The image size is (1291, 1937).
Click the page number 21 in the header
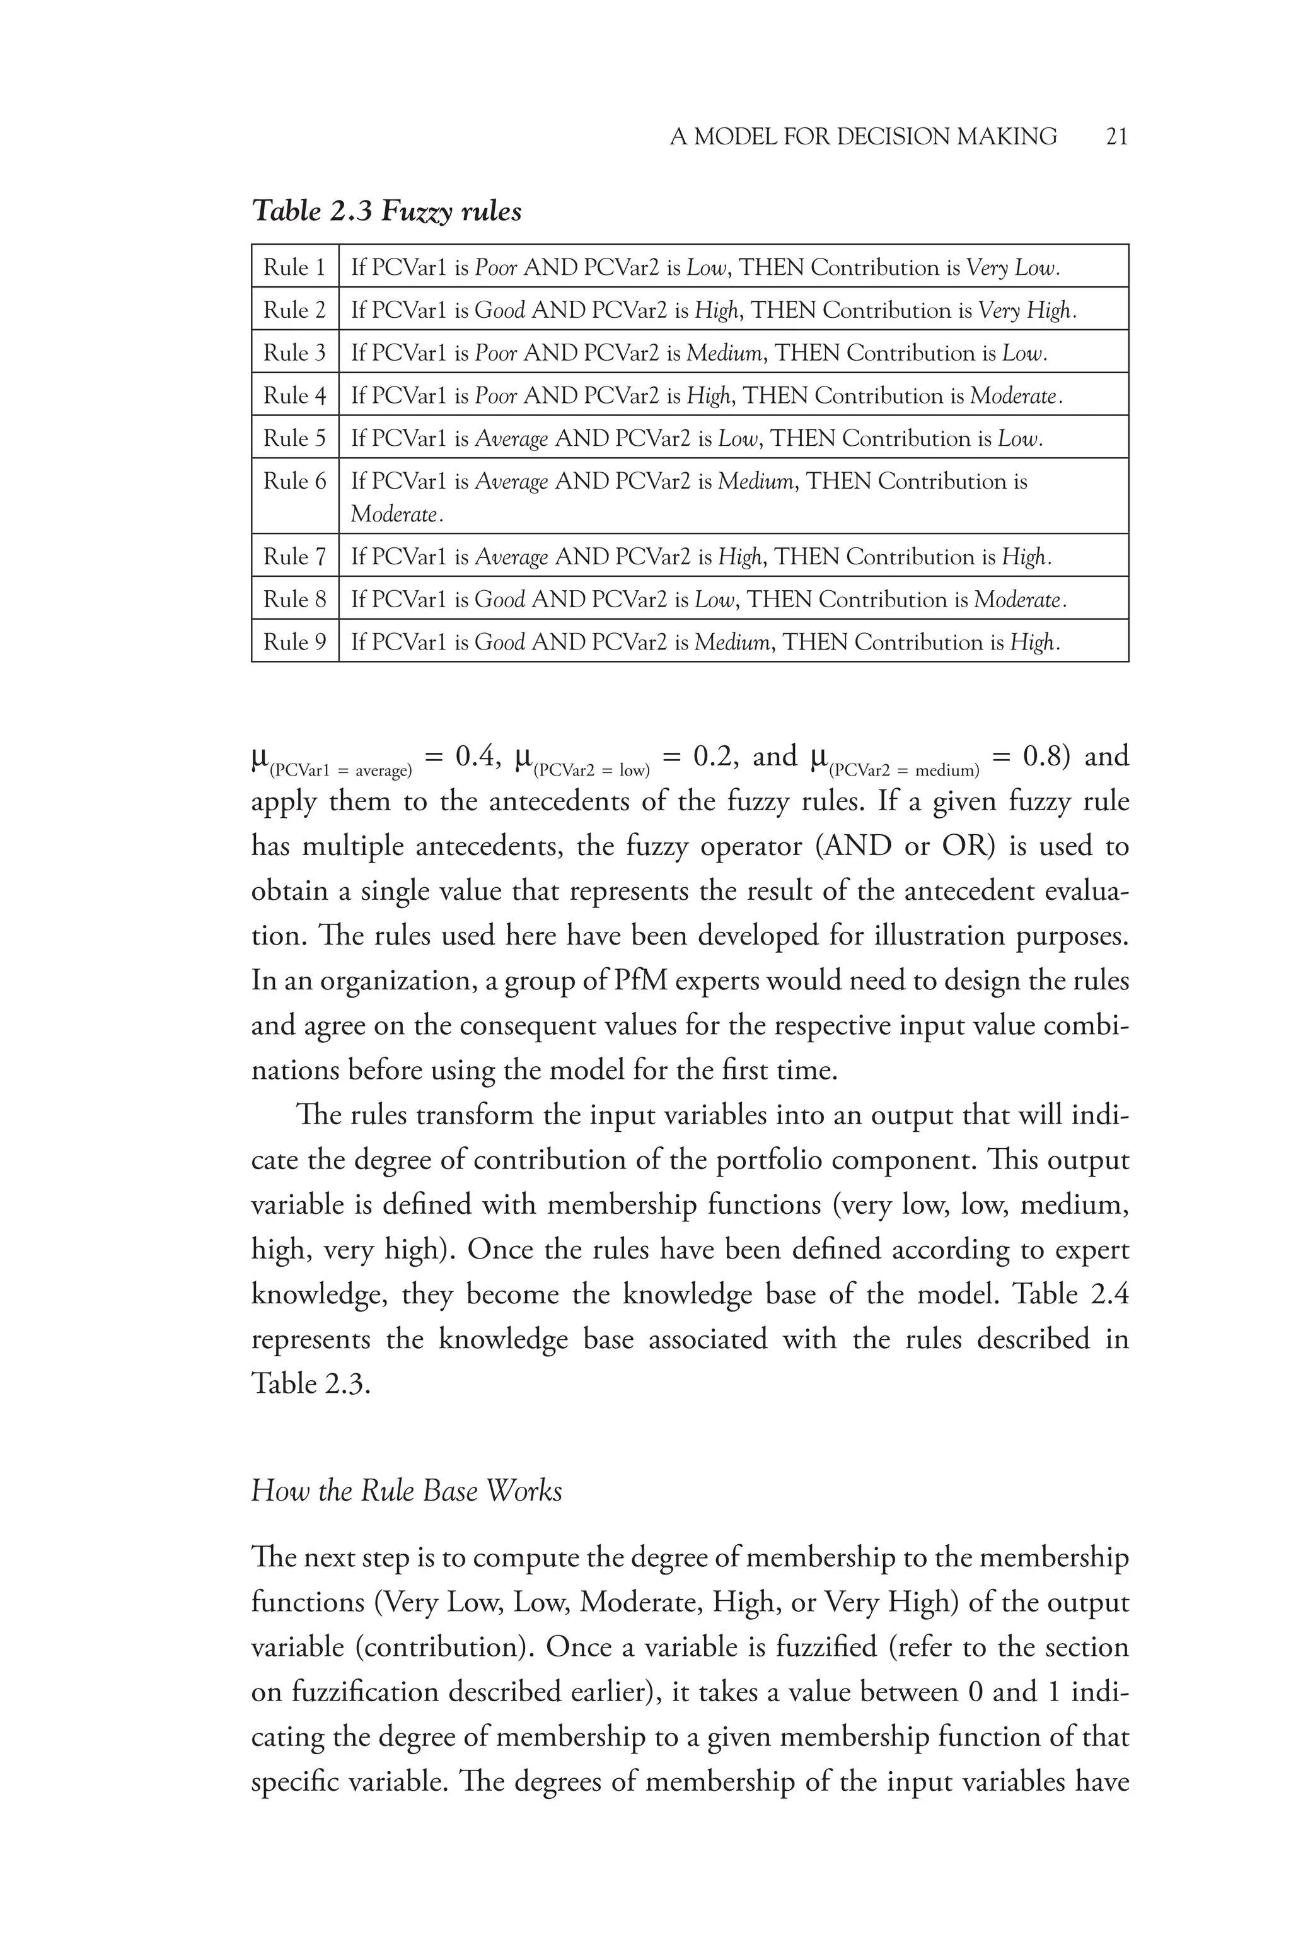click(1116, 137)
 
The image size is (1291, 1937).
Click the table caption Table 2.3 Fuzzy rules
click(386, 212)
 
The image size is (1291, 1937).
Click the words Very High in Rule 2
click(1026, 310)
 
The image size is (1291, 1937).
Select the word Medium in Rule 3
click(724, 353)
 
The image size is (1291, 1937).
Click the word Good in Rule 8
click(500, 600)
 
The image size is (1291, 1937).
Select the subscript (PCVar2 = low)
click(591, 771)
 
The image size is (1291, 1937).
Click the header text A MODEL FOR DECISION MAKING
click(863, 137)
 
